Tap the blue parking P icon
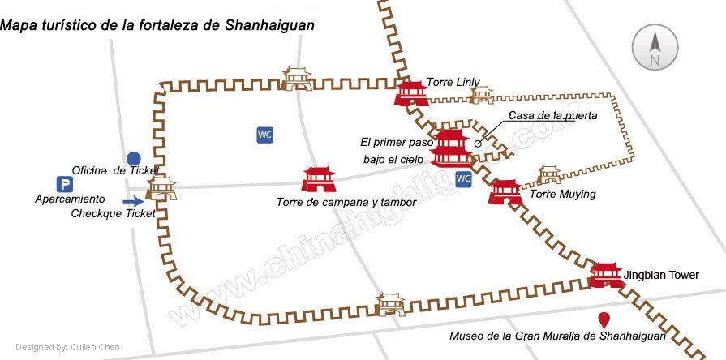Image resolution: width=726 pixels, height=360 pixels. point(63,184)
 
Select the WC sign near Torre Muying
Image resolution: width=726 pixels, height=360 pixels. point(463,178)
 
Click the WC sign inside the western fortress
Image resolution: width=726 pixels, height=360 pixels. point(264,135)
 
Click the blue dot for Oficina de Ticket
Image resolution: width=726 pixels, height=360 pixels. point(134,159)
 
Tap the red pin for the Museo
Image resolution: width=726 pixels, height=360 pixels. point(604,320)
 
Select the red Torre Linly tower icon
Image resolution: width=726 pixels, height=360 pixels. point(411,92)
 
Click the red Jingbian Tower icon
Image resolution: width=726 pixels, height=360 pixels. point(606,275)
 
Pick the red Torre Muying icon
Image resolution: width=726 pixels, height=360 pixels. point(506,192)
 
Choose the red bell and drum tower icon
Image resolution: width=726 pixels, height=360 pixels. point(318,179)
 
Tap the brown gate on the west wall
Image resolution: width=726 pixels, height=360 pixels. point(161,189)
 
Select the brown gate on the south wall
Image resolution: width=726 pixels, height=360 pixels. point(391,304)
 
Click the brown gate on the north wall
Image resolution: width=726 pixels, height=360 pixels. point(298,79)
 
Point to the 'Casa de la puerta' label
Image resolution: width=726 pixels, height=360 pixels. point(552,116)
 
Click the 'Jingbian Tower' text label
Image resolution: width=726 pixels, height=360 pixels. point(661,276)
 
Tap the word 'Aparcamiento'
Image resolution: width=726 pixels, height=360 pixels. point(70,199)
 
